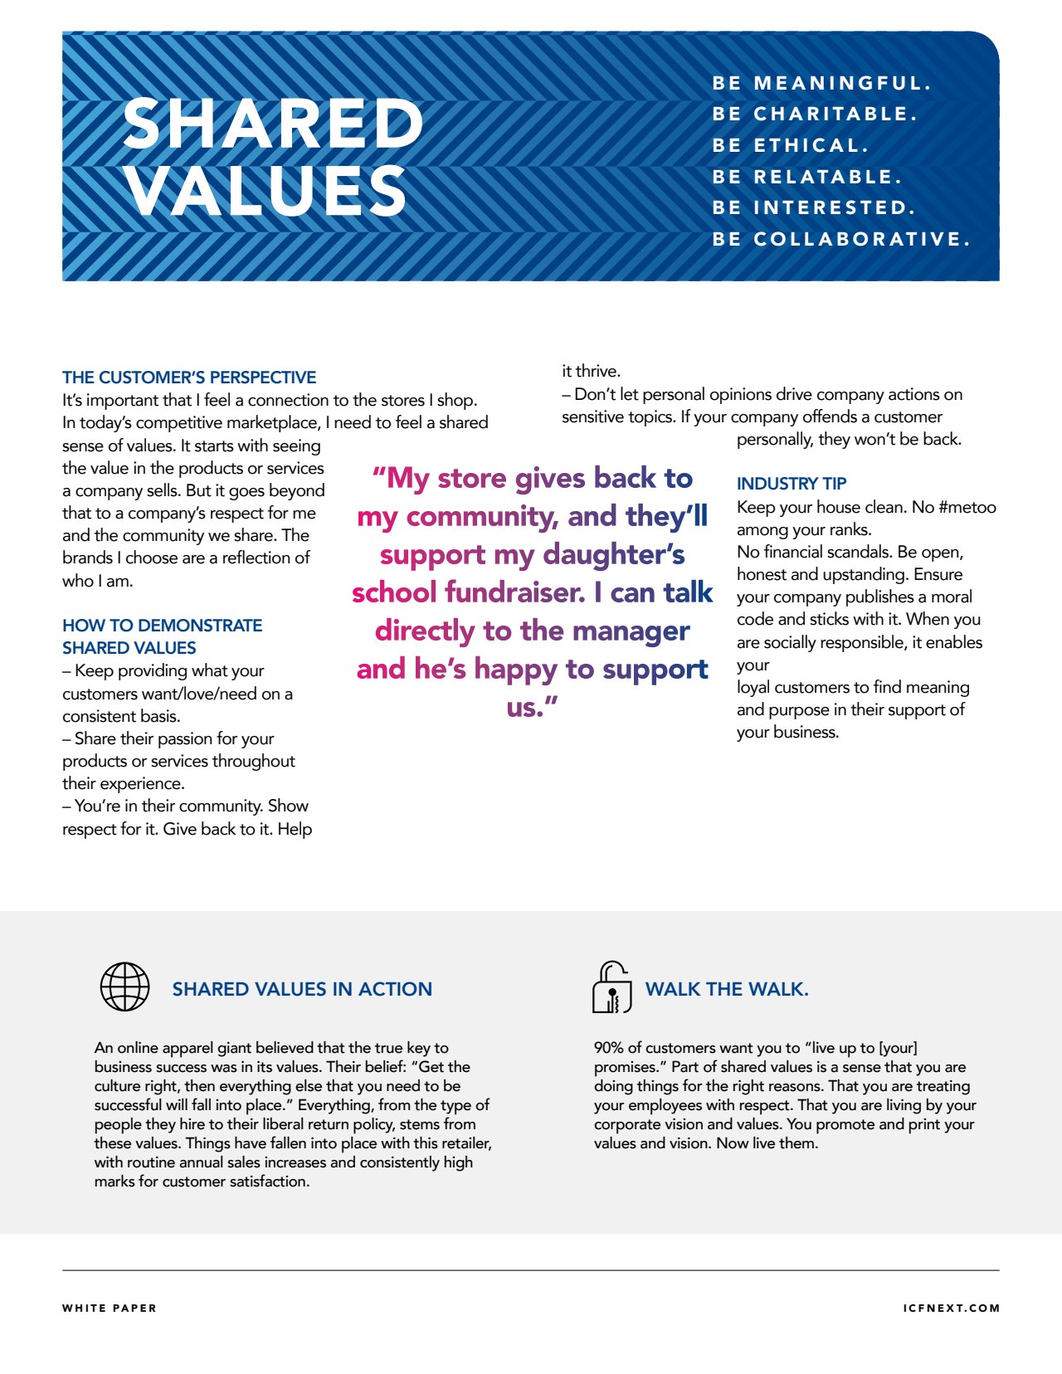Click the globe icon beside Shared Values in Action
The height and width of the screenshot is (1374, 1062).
tap(124, 987)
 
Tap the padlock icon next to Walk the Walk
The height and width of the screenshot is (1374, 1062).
tap(612, 987)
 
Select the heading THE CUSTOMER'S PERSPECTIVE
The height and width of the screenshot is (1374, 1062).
tap(189, 378)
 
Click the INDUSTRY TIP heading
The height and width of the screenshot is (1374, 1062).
tap(792, 484)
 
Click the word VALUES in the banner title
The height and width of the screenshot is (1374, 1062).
tap(265, 191)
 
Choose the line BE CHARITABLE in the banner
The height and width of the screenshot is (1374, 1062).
tap(815, 114)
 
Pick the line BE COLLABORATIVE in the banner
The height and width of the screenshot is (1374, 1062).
tap(840, 240)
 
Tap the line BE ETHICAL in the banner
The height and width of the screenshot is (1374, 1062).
tap(790, 146)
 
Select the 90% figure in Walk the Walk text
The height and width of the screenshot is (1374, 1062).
tap(608, 1048)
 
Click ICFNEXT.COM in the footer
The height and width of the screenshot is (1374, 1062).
tap(952, 1308)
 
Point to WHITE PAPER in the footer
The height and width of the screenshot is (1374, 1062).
tap(110, 1308)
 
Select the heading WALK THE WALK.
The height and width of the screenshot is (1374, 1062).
tap(727, 989)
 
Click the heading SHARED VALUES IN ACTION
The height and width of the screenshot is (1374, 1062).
tap(302, 989)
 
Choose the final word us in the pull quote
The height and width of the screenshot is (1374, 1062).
tap(526, 707)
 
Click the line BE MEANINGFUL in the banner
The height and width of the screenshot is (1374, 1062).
tap(821, 84)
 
